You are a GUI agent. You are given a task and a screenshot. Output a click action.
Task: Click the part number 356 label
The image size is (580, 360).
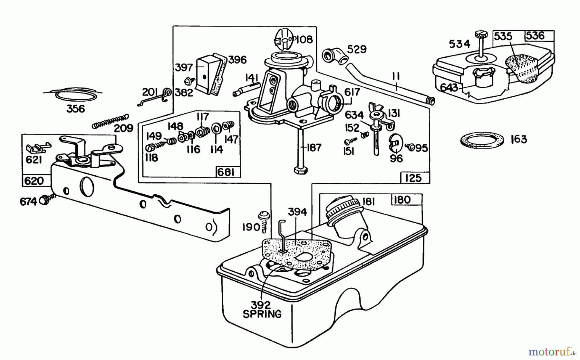(75, 109)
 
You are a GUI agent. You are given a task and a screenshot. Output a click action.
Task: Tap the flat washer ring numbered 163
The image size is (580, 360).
(482, 140)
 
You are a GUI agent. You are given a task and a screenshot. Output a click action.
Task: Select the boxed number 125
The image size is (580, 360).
(413, 178)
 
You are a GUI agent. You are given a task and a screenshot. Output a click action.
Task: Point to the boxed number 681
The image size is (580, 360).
(226, 172)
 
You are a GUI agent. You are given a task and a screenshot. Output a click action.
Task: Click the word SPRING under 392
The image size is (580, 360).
(262, 314)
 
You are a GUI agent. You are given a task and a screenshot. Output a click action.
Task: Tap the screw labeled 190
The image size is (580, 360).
(264, 221)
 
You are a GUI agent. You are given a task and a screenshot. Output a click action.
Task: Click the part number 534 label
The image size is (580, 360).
(459, 44)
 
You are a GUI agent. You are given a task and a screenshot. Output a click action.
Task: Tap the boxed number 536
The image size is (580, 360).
(536, 35)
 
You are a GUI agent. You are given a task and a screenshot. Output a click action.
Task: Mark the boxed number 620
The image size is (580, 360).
(34, 181)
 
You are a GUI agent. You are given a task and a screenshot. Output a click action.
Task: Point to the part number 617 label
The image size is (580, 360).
(352, 92)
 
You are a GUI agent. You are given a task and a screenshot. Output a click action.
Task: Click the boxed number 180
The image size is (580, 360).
(402, 200)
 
